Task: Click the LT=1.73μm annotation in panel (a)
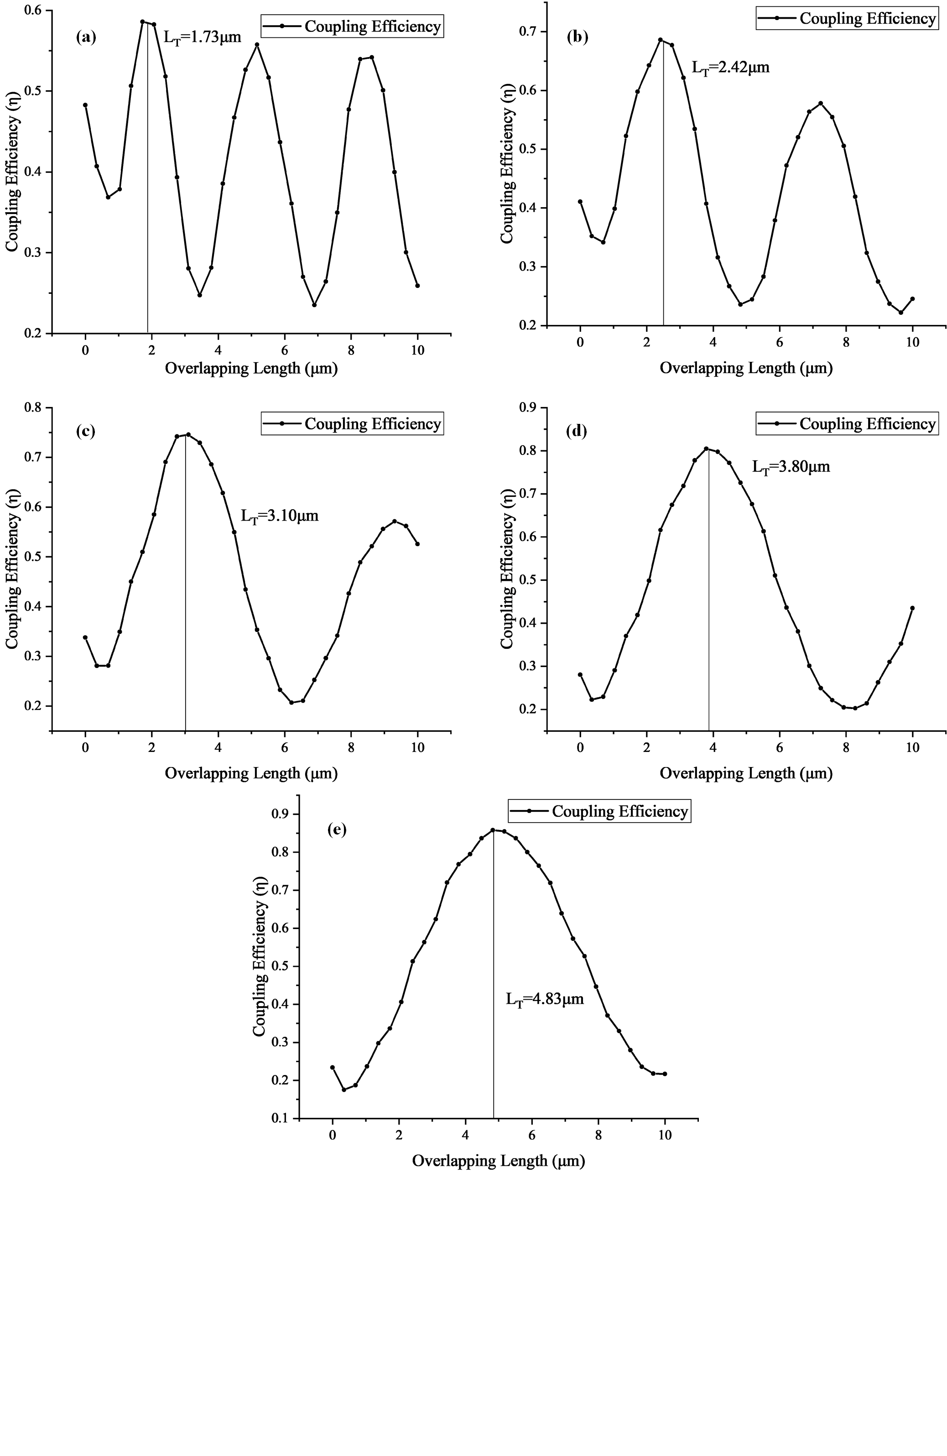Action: click(x=202, y=37)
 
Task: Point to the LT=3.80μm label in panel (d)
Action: click(x=791, y=467)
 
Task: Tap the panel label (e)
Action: click(x=337, y=830)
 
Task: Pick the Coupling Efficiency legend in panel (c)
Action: click(x=352, y=424)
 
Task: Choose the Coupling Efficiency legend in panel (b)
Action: click(x=847, y=18)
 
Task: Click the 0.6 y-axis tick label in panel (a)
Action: click(x=34, y=10)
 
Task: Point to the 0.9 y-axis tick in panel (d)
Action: click(x=529, y=407)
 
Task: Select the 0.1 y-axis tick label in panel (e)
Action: click(x=281, y=1118)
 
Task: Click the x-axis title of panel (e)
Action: click(x=498, y=1160)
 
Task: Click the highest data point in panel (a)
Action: click(x=142, y=21)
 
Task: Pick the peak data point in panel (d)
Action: click(x=706, y=449)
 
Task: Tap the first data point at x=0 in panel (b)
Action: click(x=580, y=201)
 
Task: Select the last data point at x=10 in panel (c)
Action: click(x=417, y=544)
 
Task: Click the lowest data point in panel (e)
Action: click(x=344, y=1090)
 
